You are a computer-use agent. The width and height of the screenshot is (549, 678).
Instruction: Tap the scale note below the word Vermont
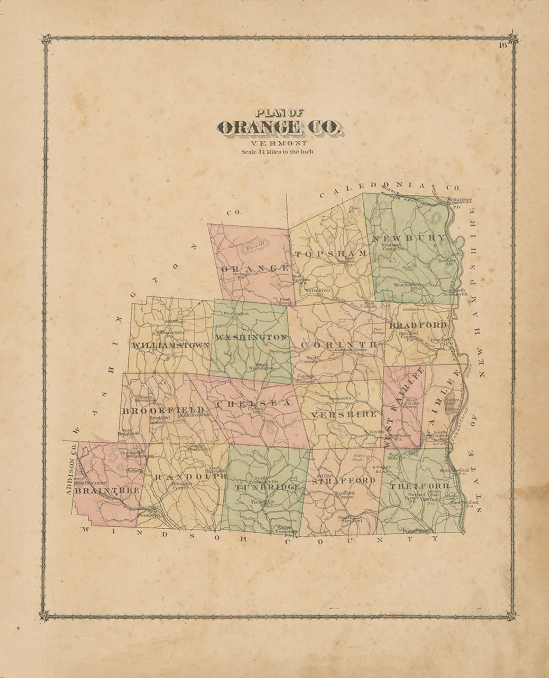coord(278,152)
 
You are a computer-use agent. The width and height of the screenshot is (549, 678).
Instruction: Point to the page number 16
coord(502,45)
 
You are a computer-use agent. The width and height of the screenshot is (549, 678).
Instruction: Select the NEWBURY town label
coord(409,238)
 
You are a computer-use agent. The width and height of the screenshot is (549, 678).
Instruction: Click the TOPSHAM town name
coord(331,254)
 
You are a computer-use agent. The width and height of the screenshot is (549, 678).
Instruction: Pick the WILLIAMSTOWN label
coord(170,345)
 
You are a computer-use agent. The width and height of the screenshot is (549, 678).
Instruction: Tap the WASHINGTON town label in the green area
coord(251,337)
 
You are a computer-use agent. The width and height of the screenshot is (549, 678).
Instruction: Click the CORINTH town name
coord(338,345)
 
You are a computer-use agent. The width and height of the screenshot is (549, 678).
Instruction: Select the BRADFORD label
coord(418,325)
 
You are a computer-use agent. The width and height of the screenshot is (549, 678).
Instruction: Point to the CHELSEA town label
coord(253,403)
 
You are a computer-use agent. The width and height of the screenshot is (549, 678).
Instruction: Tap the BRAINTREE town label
coord(107,490)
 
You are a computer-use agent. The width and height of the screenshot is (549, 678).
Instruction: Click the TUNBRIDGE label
coord(267,487)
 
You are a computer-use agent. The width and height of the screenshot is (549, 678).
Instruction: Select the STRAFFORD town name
coord(343,481)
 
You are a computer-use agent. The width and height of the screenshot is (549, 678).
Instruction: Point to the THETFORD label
coord(419,486)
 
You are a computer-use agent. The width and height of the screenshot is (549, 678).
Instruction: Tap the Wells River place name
coord(459,200)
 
